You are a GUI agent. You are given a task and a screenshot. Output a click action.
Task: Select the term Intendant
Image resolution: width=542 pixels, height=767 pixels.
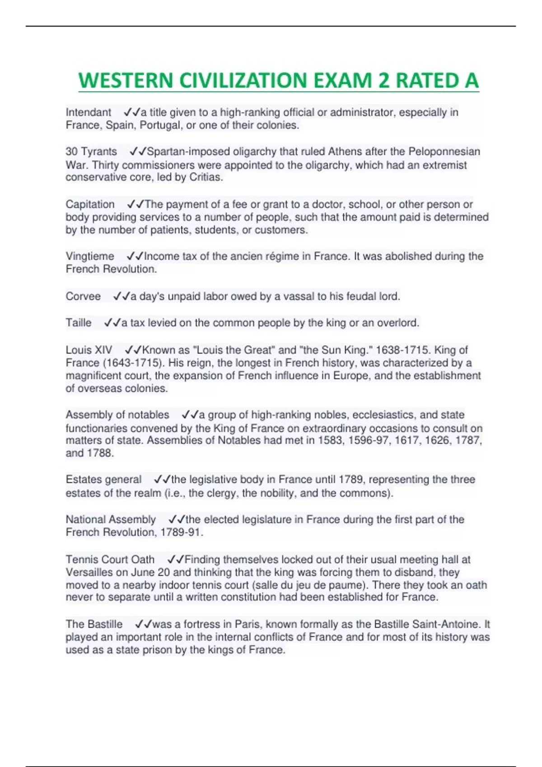(89, 112)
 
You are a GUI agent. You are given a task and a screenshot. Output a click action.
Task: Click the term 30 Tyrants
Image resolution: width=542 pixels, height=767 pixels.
(91, 152)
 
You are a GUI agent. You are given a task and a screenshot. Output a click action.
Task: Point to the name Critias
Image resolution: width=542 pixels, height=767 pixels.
(206, 177)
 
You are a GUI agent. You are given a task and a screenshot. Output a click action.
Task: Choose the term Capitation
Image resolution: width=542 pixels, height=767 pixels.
(90, 204)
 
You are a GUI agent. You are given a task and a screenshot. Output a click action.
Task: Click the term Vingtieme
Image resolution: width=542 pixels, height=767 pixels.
(90, 256)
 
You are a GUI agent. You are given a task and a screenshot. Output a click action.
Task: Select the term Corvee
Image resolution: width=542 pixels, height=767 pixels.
(83, 296)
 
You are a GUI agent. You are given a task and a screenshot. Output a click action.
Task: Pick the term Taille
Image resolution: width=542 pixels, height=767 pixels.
(79, 323)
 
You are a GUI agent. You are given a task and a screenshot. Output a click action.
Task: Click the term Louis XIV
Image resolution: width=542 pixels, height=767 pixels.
(89, 350)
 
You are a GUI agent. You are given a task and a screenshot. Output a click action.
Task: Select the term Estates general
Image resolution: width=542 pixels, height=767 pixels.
(103, 480)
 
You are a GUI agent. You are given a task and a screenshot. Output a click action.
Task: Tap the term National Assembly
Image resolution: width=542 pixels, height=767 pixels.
(111, 520)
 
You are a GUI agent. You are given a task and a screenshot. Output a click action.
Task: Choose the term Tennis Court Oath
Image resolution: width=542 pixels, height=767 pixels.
(110, 560)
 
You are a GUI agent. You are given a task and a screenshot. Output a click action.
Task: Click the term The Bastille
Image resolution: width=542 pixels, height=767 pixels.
(94, 624)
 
